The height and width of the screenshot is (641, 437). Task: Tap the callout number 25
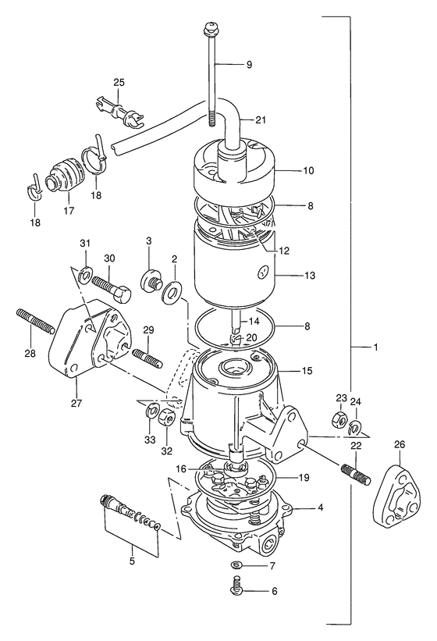[119, 82]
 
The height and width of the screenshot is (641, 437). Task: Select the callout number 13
[311, 276]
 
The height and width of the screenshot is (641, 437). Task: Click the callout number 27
[76, 403]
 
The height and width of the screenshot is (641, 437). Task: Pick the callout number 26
[399, 444]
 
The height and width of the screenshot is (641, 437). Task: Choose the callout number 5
[132, 561]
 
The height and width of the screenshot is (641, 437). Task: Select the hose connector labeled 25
[119, 111]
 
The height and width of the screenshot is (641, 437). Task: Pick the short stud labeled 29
[147, 357]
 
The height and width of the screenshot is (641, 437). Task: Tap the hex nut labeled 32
[168, 417]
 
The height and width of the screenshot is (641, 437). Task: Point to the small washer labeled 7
[236, 565]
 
